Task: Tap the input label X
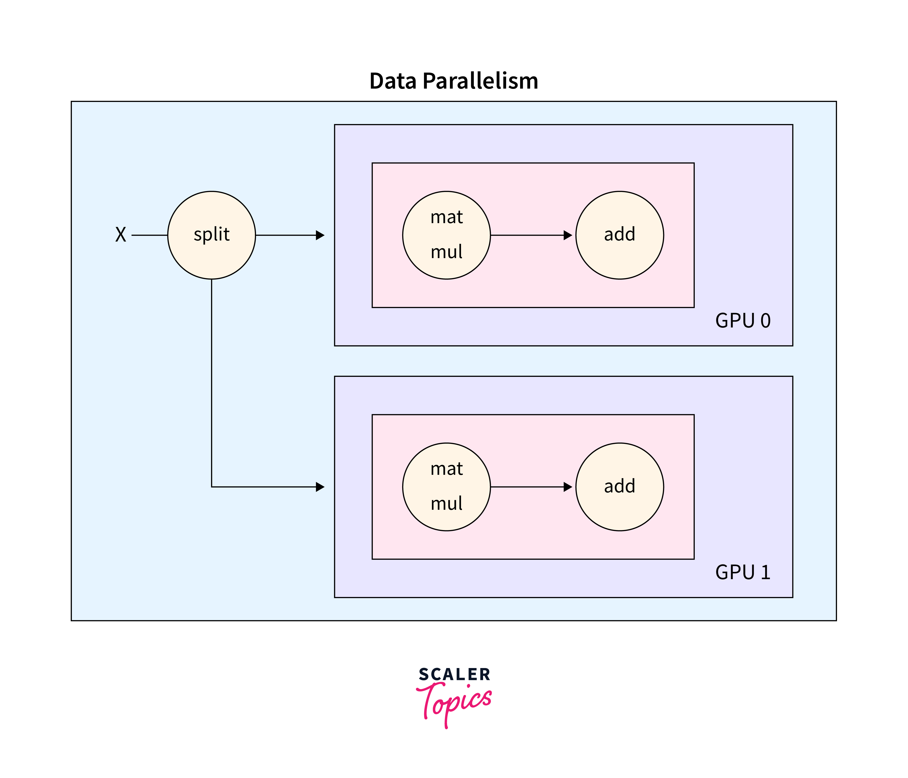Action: pos(121,235)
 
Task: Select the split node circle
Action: pos(212,235)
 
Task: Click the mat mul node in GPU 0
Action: pos(447,235)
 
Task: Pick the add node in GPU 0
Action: pos(620,235)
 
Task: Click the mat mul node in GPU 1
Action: pos(447,487)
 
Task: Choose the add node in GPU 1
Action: pos(620,487)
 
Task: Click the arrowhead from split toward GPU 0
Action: pos(320,235)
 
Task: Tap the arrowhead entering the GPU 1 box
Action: pos(320,487)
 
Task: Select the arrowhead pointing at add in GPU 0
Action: pos(568,235)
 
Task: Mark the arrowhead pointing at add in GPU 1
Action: pos(568,487)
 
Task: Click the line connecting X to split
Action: pos(149,235)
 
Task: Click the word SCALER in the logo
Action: pos(455,674)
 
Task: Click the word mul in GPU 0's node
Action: pos(447,252)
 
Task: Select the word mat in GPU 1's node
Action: pos(447,469)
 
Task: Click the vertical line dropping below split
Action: pos(212,381)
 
